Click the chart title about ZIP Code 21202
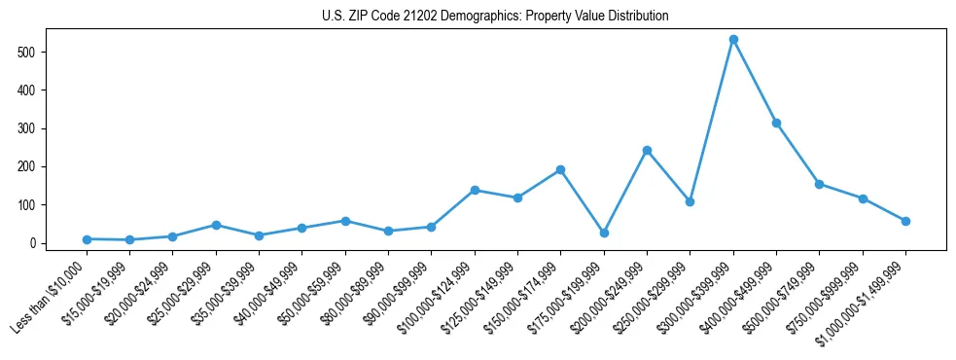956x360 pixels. coord(495,17)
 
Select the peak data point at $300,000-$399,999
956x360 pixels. coord(733,40)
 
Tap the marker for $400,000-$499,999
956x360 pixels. coord(776,124)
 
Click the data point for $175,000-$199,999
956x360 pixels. coord(604,234)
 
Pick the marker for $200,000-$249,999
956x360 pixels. coord(647,151)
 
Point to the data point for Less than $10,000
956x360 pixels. coord(87,239)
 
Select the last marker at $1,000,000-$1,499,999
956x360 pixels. coord(905,221)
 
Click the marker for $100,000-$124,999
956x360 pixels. coord(475,190)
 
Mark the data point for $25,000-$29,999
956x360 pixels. coord(216,225)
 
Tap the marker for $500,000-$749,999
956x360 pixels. coord(819,184)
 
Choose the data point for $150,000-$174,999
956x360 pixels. coord(561,170)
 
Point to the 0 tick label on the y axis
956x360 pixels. coord(33,243)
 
